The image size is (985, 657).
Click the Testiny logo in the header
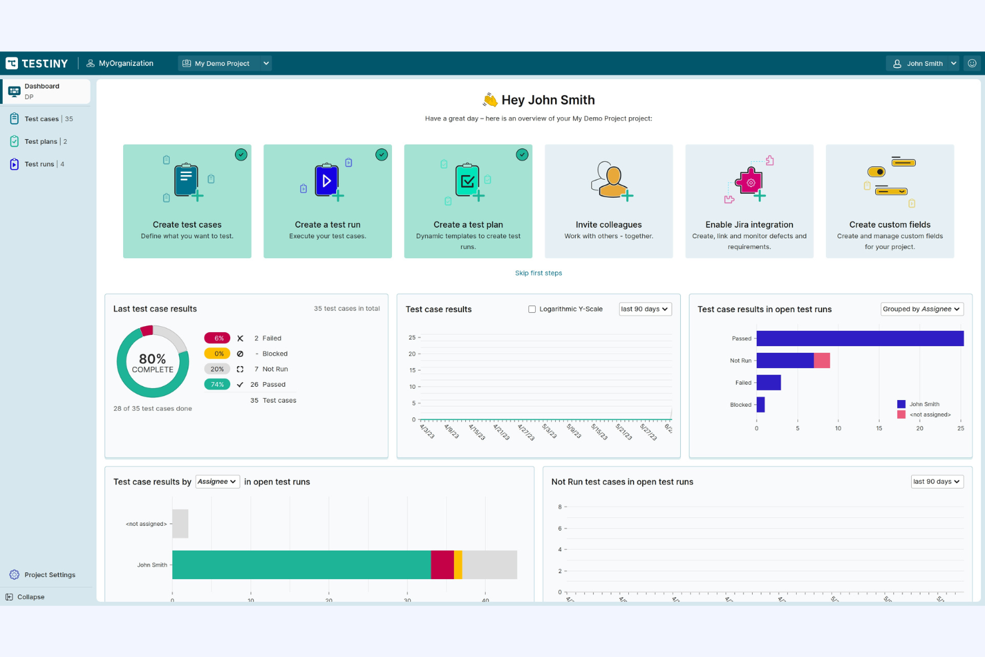(x=37, y=63)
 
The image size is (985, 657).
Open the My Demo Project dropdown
(x=226, y=63)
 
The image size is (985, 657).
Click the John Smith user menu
(x=924, y=63)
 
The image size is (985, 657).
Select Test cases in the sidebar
(x=41, y=119)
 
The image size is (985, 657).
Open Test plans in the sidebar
(x=41, y=142)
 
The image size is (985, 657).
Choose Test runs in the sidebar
(x=39, y=164)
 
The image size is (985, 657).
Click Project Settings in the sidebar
(x=49, y=575)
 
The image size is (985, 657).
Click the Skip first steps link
(x=538, y=273)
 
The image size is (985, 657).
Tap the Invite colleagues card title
(x=608, y=225)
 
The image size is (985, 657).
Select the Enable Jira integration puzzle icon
(x=749, y=182)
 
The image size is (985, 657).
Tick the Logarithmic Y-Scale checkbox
(x=532, y=310)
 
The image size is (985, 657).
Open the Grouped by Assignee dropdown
(x=921, y=310)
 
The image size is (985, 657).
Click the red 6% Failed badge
(x=217, y=338)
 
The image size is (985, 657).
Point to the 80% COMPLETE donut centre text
(x=152, y=363)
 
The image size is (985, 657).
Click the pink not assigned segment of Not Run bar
(x=822, y=361)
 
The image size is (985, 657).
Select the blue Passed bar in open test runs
(x=859, y=338)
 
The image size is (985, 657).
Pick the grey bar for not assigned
(x=180, y=524)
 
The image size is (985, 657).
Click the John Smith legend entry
(x=924, y=404)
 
